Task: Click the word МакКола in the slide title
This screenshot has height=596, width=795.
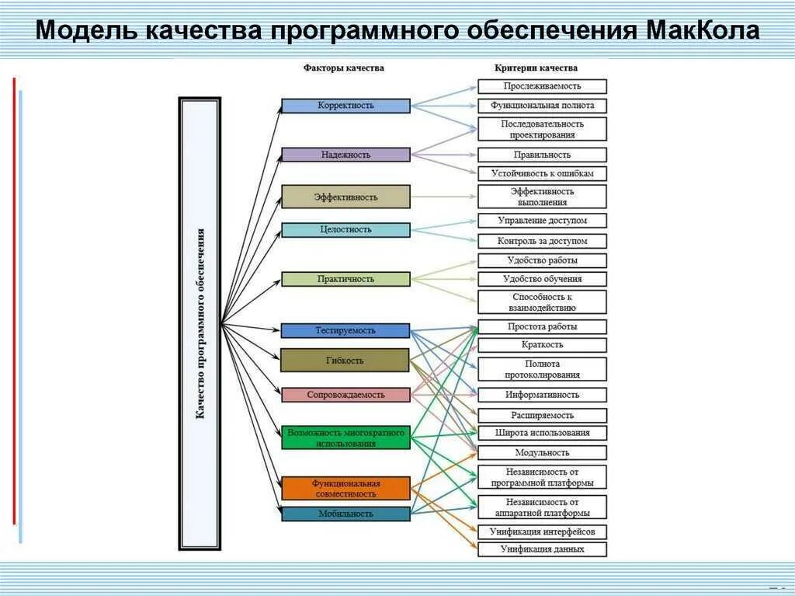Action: pos(702,31)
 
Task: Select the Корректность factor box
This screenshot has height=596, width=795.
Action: pos(345,106)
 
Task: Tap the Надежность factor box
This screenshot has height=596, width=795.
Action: pos(345,155)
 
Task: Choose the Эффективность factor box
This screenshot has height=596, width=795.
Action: pos(345,197)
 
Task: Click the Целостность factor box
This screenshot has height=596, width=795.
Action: pos(345,230)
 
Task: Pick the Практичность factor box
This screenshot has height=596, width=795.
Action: pos(345,279)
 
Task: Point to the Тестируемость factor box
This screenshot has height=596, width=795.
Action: pos(345,330)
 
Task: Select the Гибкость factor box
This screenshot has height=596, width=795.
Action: pos(345,360)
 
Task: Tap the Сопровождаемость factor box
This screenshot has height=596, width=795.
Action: pos(345,395)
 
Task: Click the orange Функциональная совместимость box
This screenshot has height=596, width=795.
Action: pos(345,488)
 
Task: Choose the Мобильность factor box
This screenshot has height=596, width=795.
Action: pos(345,514)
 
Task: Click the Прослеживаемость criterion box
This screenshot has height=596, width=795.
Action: pos(542,86)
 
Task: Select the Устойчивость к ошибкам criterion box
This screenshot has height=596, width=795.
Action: pos(542,173)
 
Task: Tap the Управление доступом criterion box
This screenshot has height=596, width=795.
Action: pos(542,221)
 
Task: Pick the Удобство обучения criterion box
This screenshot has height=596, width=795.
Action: pos(542,279)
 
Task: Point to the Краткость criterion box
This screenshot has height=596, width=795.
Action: pos(542,345)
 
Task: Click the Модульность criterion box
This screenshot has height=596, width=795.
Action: pos(542,452)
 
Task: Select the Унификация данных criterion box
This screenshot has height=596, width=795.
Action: pos(542,549)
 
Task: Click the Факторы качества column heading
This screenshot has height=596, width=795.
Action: pos(343,68)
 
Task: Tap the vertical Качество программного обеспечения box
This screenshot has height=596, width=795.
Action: pos(200,323)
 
